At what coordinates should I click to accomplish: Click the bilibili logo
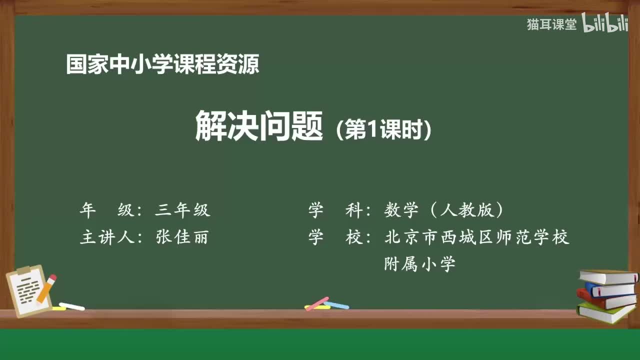(605, 23)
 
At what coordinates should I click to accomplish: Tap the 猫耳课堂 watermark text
(551, 24)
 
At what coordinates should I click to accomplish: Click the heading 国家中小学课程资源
(162, 65)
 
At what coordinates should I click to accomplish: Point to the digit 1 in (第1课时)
(370, 131)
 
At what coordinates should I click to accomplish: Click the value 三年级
(182, 210)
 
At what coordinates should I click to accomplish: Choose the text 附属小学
(419, 263)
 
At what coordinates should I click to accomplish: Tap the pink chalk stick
(317, 303)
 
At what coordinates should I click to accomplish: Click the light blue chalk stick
(336, 305)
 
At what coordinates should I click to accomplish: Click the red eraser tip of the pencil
(52, 278)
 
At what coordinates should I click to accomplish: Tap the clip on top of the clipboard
(23, 270)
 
